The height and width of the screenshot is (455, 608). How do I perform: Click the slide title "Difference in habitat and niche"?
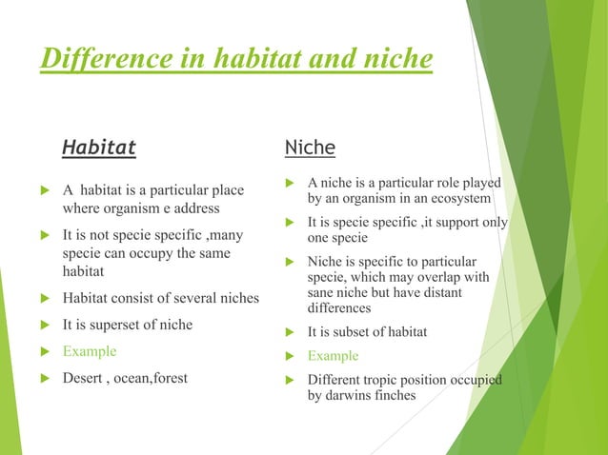pyautogui.click(x=235, y=59)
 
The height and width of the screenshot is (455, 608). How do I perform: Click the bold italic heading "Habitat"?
pyautogui.click(x=99, y=148)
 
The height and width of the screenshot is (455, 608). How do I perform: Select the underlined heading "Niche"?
pyautogui.click(x=310, y=148)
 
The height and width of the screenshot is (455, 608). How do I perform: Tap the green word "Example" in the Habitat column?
pyautogui.click(x=90, y=351)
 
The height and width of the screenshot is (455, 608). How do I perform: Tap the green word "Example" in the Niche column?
pyautogui.click(x=333, y=356)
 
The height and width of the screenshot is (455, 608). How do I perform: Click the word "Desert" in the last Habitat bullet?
pyautogui.click(x=85, y=378)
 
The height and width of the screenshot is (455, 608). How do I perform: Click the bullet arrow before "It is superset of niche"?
pyautogui.click(x=43, y=325)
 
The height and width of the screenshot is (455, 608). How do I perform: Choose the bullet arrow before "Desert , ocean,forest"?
pyautogui.click(x=43, y=378)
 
